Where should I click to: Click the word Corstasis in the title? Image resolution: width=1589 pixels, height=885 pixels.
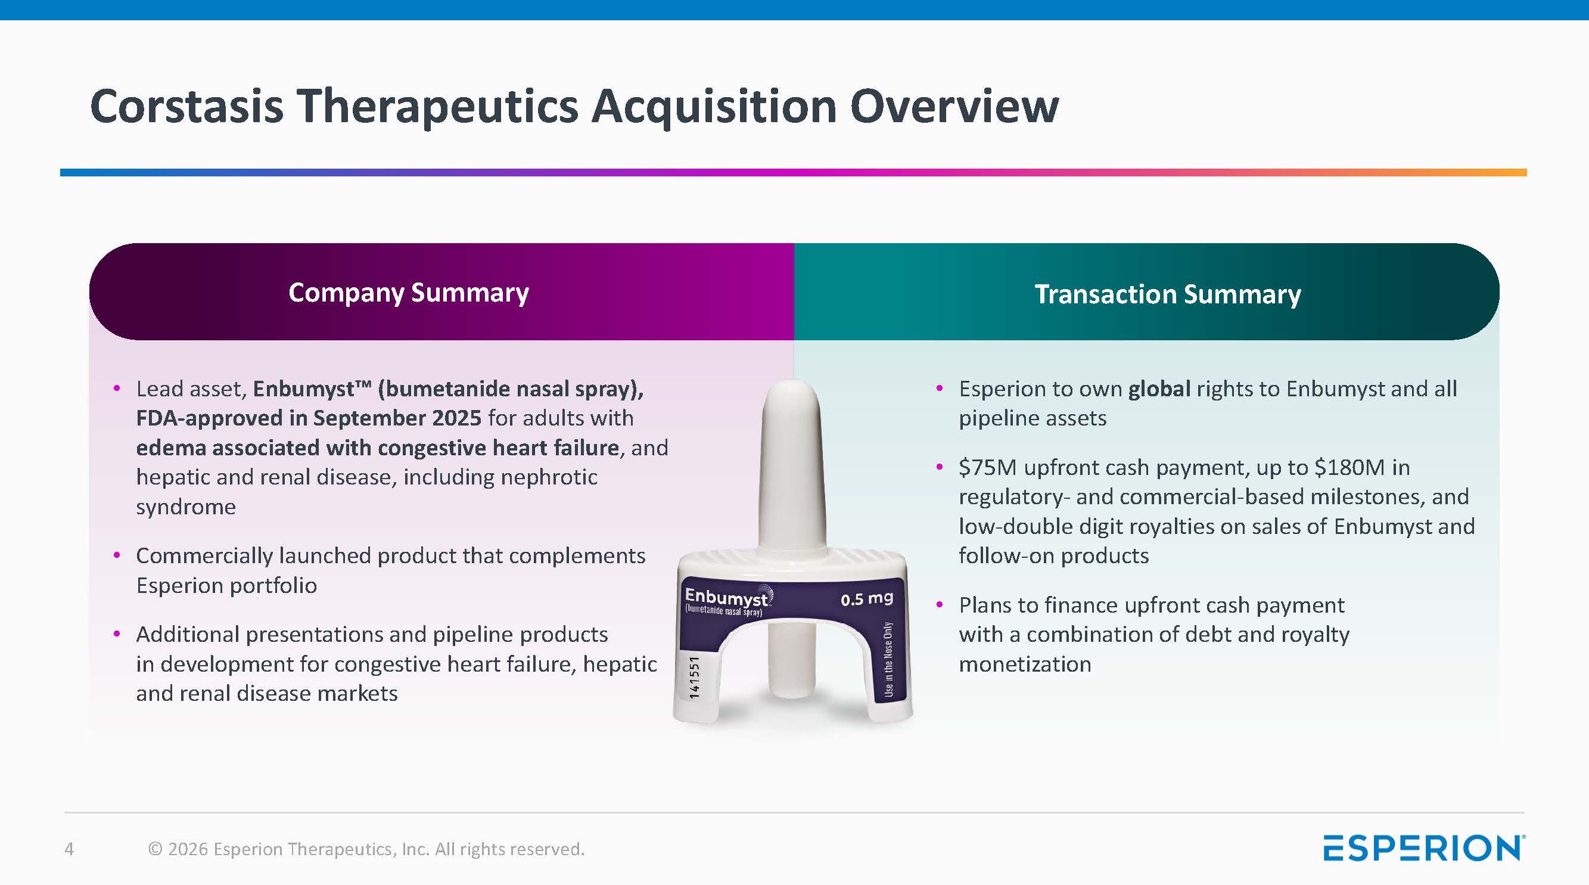pyautogui.click(x=187, y=106)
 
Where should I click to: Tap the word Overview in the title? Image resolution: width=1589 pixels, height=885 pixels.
pyautogui.click(x=954, y=106)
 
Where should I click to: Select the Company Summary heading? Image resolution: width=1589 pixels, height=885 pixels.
pyautogui.click(x=408, y=293)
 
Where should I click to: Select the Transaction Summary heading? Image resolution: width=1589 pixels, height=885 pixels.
pyautogui.click(x=1168, y=294)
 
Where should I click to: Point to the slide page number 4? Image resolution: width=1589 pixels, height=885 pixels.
pyautogui.click(x=69, y=849)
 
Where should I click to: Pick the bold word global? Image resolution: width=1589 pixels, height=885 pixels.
pyautogui.click(x=1159, y=389)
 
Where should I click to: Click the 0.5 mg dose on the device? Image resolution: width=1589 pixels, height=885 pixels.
pyautogui.click(x=867, y=598)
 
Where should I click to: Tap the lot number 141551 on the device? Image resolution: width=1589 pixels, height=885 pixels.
pyautogui.click(x=695, y=678)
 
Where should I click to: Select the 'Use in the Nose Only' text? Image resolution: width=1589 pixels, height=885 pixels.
pyautogui.click(x=888, y=659)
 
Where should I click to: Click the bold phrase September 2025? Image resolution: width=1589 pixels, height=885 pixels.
pyautogui.click(x=397, y=418)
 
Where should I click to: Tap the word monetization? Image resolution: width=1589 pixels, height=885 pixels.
pyautogui.click(x=1025, y=664)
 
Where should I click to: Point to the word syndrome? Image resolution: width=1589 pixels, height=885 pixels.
pyautogui.click(x=186, y=507)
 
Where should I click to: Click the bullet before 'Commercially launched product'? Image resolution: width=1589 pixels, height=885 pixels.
pyautogui.click(x=117, y=555)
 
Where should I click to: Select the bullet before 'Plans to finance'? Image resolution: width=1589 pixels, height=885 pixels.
pyautogui.click(x=940, y=605)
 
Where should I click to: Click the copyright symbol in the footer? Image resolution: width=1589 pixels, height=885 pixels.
pyautogui.click(x=156, y=849)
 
